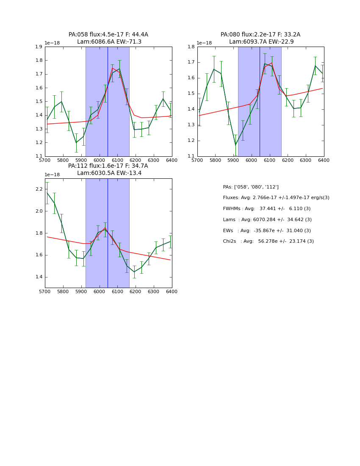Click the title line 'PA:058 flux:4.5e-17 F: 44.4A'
point(108,35)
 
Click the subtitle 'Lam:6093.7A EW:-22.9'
point(261,42)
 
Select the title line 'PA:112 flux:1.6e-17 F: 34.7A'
point(108,166)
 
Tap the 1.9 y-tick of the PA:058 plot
point(39,47)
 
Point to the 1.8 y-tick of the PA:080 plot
point(191,47)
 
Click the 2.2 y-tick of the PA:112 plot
point(39,189)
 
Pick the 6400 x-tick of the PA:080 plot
point(324,161)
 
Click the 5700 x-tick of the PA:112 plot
point(45,292)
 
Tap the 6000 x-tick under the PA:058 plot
point(99,161)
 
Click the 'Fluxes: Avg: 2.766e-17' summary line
point(276,198)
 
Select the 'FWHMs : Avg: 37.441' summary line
point(266,209)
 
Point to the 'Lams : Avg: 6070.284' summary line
point(266,220)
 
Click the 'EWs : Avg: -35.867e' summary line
point(266,231)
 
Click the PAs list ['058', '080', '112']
point(250,187)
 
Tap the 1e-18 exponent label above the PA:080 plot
point(204,43)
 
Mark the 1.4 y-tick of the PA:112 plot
point(39,277)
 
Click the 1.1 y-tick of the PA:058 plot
point(39,156)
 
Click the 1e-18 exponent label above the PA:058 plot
point(52,43)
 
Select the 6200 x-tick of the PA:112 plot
point(136,292)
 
